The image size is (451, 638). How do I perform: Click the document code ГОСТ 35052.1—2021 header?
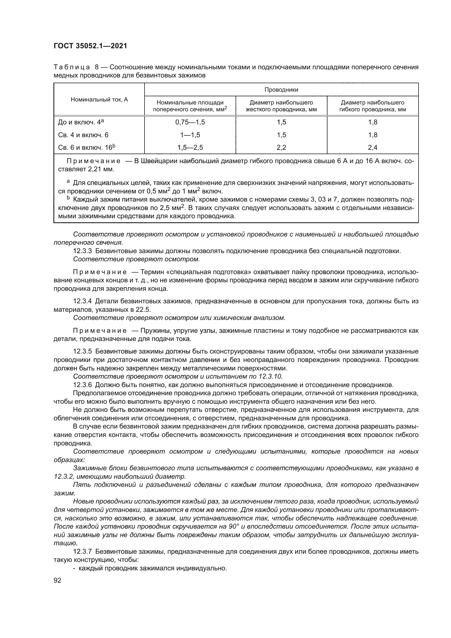[x=90, y=46]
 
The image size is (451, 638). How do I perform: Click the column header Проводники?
[x=281, y=90]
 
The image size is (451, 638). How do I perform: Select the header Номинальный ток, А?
[x=99, y=100]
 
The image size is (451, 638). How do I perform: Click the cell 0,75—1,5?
[x=190, y=122]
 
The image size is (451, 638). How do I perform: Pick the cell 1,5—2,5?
[x=190, y=148]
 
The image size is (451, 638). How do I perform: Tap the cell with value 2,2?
[x=281, y=148]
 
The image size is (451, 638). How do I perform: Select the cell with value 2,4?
[x=372, y=148]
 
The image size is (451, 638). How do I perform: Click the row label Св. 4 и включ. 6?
[x=83, y=135]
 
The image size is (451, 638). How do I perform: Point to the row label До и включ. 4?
[x=80, y=122]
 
